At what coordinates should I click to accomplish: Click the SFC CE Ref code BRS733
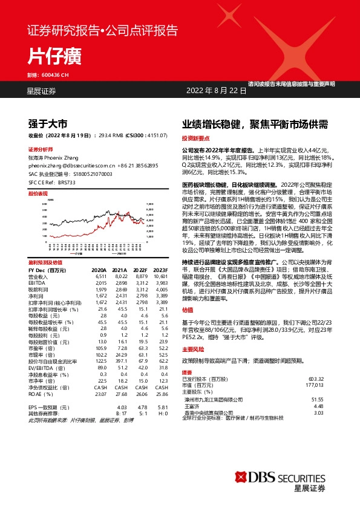(x=67, y=181)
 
